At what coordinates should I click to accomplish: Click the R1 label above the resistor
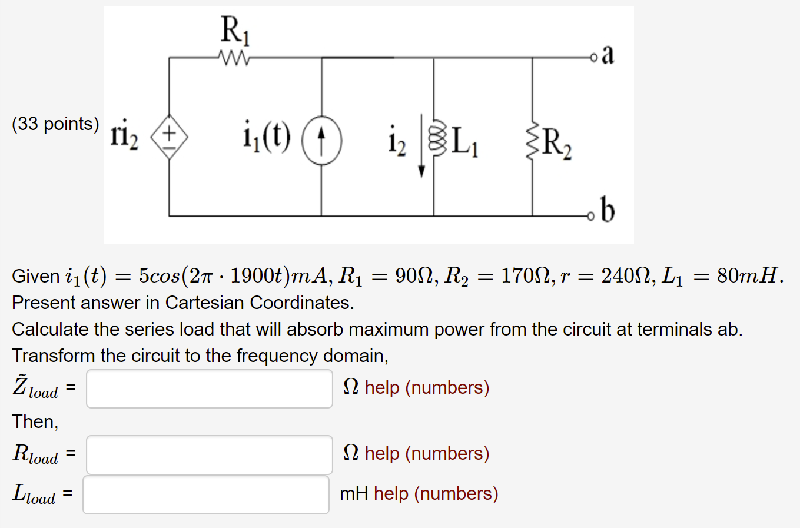pos(235,31)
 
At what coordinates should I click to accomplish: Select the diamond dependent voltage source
pos(170,137)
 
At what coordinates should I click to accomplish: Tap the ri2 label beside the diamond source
pos(124,136)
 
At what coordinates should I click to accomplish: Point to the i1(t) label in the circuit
pos(267,137)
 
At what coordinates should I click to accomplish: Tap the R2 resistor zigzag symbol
pos(533,140)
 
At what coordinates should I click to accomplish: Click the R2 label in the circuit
pos(556,142)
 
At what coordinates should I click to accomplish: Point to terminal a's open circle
pos(593,58)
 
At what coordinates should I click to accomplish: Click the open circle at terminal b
pos(592,217)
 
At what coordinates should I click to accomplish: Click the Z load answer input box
pos(210,388)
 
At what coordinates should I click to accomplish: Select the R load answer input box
pos(210,454)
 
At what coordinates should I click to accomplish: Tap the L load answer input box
pos(206,494)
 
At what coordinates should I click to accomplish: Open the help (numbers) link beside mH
pos(436,493)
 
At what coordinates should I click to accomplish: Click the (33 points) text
pos(55,124)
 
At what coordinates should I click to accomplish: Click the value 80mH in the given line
pos(747,275)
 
